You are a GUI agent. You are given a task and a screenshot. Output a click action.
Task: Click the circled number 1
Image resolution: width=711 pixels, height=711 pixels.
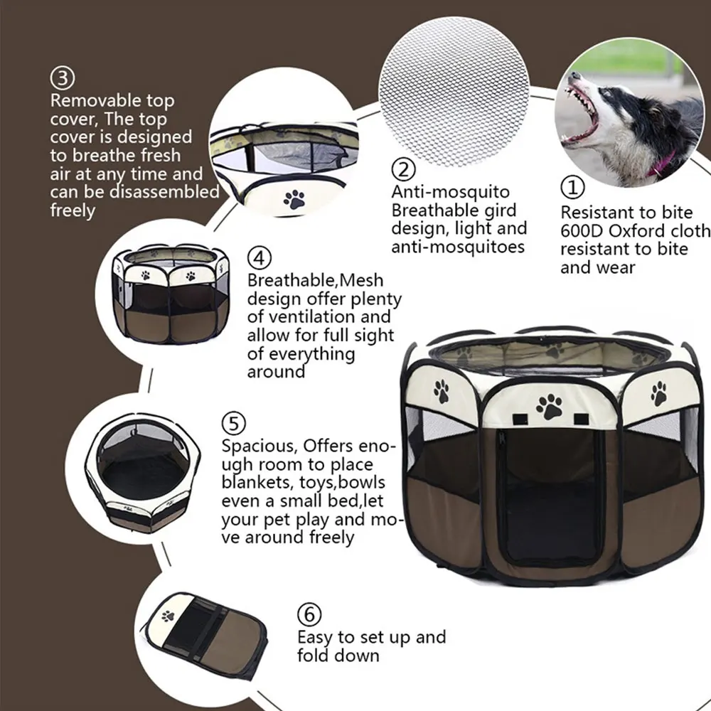[x=573, y=188]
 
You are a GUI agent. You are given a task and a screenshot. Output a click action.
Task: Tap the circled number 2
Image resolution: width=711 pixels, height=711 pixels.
[x=403, y=170]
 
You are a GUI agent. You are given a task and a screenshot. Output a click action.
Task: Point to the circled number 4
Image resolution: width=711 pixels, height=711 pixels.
[x=258, y=257]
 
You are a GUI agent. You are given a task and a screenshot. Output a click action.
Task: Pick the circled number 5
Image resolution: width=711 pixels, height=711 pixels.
[x=234, y=424]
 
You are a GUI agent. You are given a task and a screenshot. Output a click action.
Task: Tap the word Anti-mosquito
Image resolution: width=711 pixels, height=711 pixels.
[x=450, y=192]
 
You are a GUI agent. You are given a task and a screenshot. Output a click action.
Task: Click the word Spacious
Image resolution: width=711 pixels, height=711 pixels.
[x=260, y=447]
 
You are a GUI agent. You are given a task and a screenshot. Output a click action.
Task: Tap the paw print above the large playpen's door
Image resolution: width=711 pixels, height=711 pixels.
[x=549, y=406]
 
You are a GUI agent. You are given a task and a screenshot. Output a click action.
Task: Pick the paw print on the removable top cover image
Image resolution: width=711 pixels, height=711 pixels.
[x=294, y=199]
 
